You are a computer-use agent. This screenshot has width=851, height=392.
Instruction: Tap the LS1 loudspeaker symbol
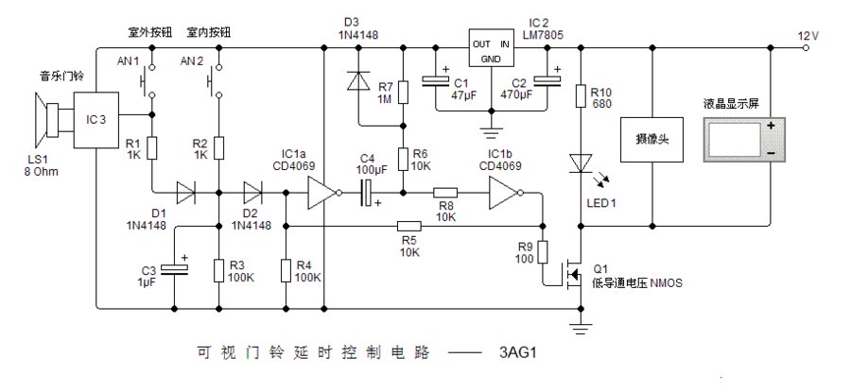(47, 122)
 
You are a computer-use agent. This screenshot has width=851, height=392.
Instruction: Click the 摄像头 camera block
(651, 139)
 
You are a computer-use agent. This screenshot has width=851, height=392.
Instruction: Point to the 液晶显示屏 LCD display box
(745, 139)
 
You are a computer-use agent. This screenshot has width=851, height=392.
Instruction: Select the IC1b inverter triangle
(504, 196)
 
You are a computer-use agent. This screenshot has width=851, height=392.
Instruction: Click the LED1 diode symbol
(580, 163)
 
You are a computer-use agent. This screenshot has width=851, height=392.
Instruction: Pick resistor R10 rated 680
(580, 96)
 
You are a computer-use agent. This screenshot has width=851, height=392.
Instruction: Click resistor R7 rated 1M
(403, 93)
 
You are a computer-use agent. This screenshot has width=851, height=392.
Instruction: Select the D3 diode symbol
(359, 82)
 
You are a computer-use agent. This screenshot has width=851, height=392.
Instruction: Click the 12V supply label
(808, 35)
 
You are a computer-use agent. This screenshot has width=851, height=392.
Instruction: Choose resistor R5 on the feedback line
(408, 227)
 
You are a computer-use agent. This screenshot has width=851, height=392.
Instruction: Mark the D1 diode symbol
(184, 196)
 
